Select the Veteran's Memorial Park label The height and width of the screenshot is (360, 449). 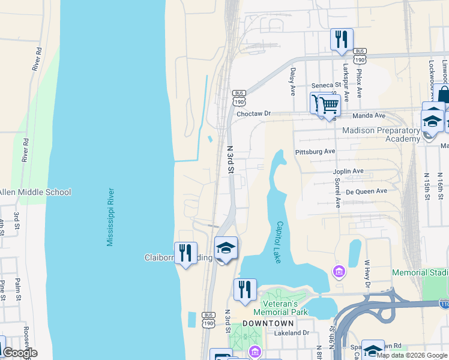280,307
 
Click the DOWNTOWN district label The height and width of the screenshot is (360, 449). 268,323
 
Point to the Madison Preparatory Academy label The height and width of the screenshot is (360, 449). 381,134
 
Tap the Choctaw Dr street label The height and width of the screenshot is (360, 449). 254,113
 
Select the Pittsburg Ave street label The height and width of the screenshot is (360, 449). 315,152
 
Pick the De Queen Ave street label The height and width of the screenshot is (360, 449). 367,191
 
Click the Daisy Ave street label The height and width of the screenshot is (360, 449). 293,82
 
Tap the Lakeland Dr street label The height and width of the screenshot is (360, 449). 291,332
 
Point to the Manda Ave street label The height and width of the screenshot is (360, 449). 368,115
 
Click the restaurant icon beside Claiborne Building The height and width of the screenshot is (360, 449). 185,253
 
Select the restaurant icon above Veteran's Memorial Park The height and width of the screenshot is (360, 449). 245,290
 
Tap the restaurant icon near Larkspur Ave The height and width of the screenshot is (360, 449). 342,40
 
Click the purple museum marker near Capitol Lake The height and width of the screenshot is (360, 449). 339,272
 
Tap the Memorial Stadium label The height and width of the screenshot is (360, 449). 420,272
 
